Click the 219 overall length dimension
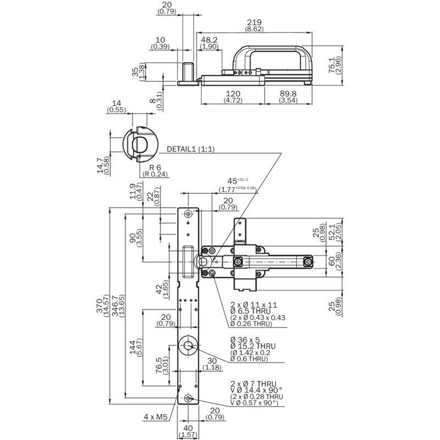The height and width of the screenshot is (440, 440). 254,23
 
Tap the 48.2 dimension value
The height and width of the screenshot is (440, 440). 209,40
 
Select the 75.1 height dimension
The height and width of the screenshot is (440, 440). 332,65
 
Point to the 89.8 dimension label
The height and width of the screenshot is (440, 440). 288,94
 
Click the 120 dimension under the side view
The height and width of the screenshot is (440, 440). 233,94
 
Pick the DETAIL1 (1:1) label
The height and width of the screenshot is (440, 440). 191,149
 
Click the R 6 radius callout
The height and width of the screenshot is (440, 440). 155,168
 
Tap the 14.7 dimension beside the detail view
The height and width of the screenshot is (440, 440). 100,166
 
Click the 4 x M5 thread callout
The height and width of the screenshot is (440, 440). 156,417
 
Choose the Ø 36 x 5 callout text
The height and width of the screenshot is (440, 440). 245,340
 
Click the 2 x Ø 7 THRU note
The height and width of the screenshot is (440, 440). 254,383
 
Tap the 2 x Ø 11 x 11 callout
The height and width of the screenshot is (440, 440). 254,305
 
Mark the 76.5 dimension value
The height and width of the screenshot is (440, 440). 158,365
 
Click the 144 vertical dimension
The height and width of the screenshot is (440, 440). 133,348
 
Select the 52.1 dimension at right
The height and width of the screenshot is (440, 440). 332,232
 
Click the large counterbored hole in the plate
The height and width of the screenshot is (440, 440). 188,345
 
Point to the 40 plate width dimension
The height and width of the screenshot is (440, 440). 188,428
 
